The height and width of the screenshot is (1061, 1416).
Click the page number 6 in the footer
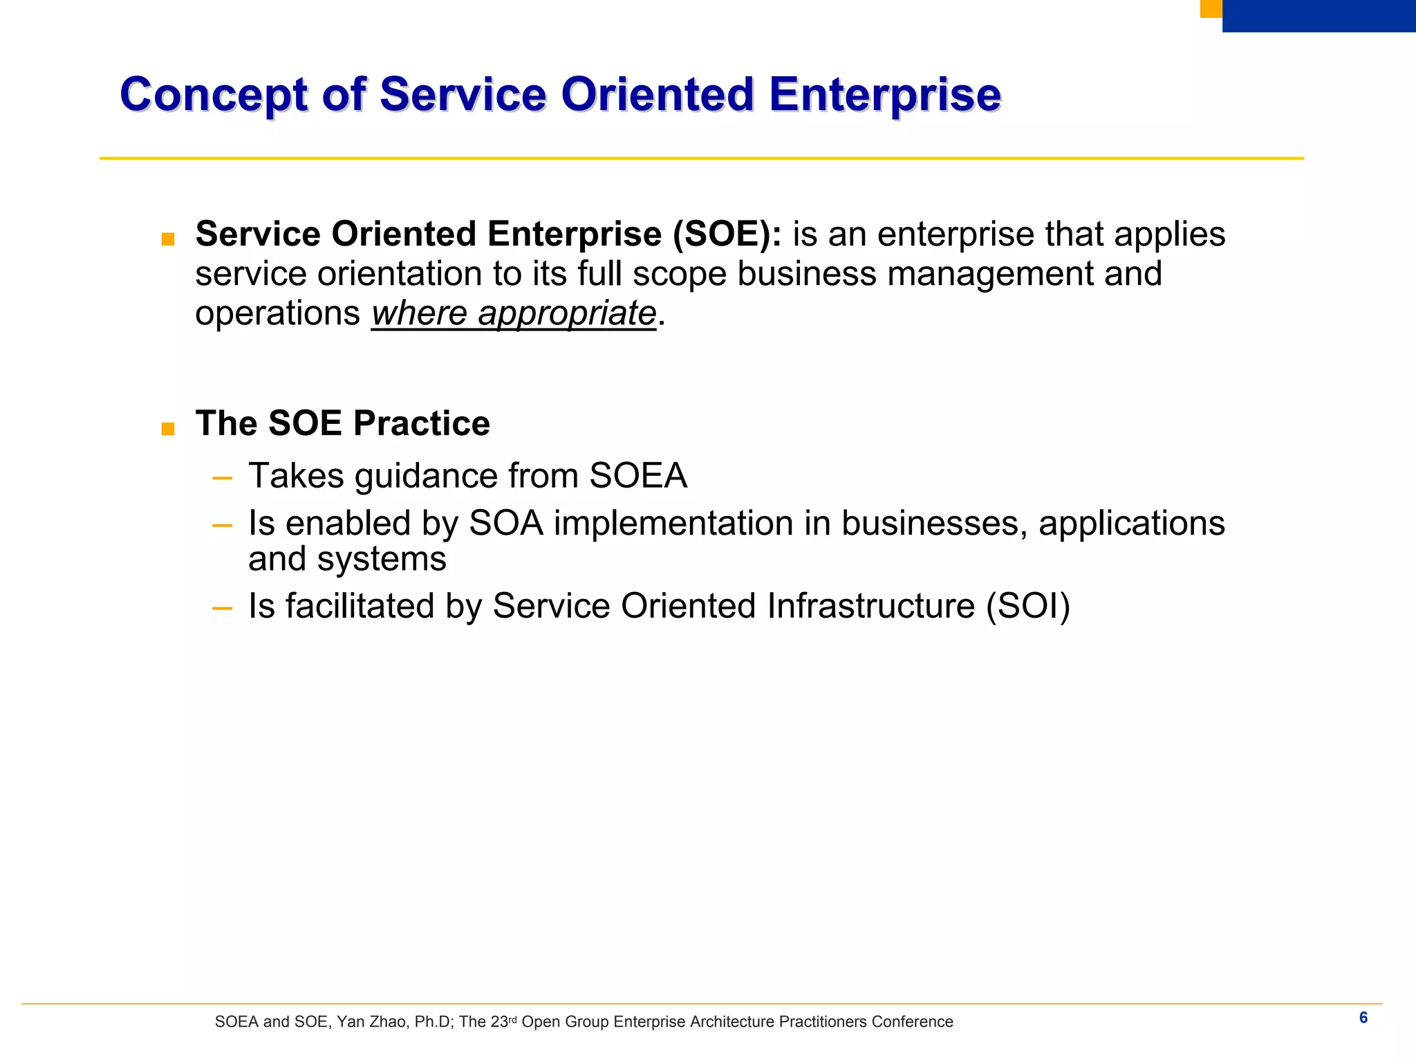[1363, 1017]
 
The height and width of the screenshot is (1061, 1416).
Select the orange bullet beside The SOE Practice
[167, 429]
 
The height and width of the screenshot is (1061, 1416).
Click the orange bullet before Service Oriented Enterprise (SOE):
[167, 239]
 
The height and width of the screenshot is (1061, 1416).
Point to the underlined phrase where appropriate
[514, 313]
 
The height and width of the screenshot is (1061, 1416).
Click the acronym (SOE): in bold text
[727, 234]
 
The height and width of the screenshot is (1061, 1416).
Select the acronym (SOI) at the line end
[1027, 606]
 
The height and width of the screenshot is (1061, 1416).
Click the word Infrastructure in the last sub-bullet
[870, 606]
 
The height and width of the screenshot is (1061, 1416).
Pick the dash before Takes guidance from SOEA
[222, 477]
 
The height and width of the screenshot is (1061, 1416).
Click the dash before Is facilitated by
[222, 608]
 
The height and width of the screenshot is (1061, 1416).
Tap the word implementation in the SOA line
[673, 524]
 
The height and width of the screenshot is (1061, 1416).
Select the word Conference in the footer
[912, 1022]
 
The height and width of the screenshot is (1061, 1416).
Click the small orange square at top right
[1211, 8]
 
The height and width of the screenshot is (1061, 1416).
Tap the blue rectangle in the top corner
[1319, 15]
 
